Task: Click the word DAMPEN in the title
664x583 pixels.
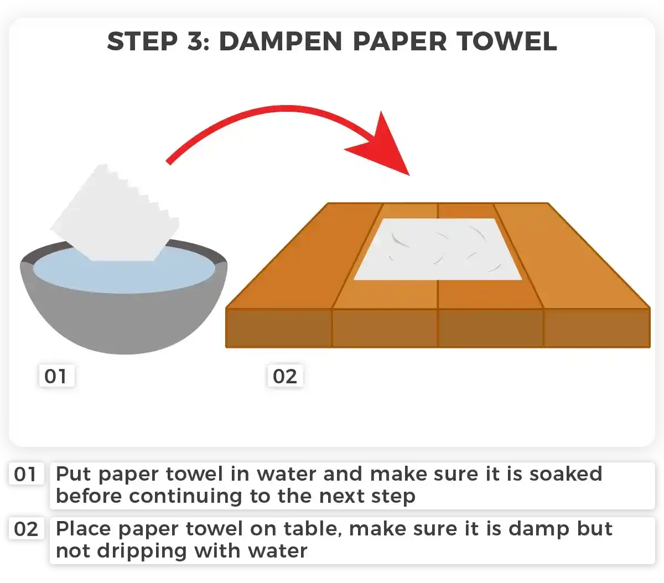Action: (281, 41)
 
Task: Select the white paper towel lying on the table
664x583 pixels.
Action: (438, 249)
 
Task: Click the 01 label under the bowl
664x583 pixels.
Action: (56, 376)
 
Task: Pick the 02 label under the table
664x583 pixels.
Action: (285, 376)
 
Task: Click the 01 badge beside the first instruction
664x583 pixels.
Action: (25, 475)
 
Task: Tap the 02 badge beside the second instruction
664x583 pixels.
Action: (25, 529)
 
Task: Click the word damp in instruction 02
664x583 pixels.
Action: (539, 529)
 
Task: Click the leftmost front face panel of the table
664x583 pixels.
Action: (279, 328)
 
